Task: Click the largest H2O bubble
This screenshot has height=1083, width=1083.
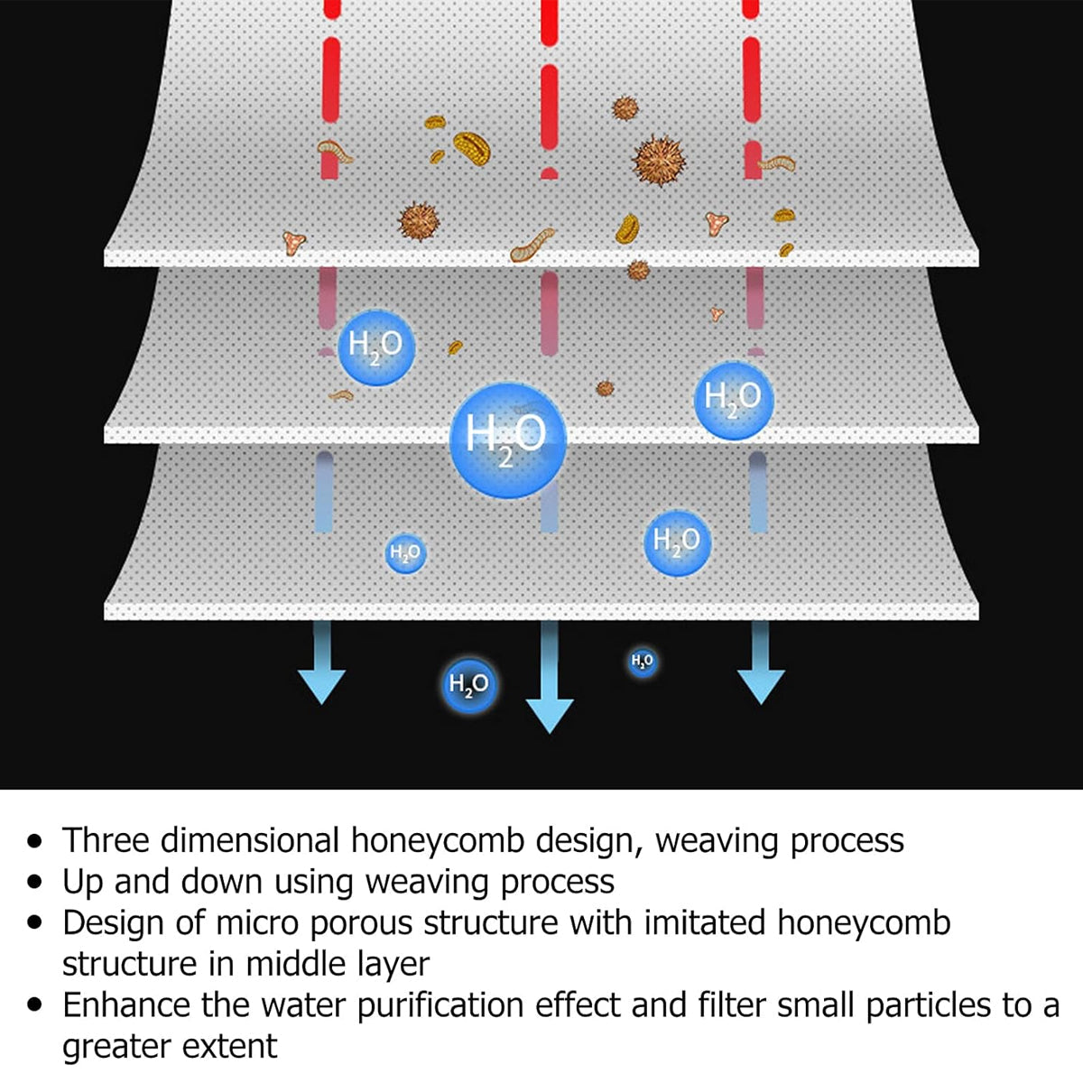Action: point(507,440)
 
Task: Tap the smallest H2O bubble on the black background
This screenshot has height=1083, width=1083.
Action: point(643,662)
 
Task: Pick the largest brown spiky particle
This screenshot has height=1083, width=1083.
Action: point(659,162)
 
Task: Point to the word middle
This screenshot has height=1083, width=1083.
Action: point(297,965)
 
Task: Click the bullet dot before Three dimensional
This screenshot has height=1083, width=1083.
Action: point(35,842)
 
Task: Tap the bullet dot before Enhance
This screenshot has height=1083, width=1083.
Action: point(35,1006)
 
